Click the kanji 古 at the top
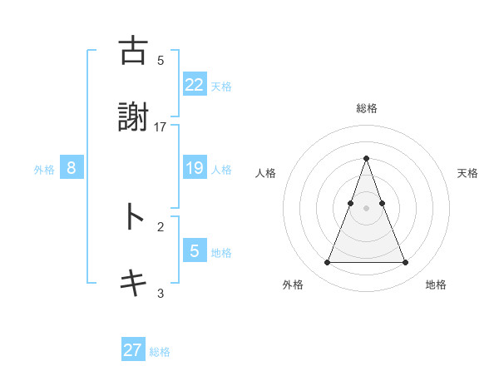(x=133, y=51)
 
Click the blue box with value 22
(x=194, y=84)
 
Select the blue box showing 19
(x=194, y=168)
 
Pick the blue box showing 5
(x=194, y=251)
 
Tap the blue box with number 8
(x=72, y=168)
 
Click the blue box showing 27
(x=133, y=350)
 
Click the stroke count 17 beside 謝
(x=161, y=126)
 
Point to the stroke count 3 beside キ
(x=161, y=293)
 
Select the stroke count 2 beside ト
(x=161, y=226)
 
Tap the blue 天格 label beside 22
(x=221, y=86)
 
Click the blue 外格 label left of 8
(x=44, y=170)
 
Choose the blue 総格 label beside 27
(x=160, y=352)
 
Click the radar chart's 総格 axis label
(x=366, y=108)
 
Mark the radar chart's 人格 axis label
(x=266, y=173)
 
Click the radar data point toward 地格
(x=406, y=263)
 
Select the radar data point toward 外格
(x=327, y=263)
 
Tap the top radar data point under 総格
(x=366, y=158)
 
